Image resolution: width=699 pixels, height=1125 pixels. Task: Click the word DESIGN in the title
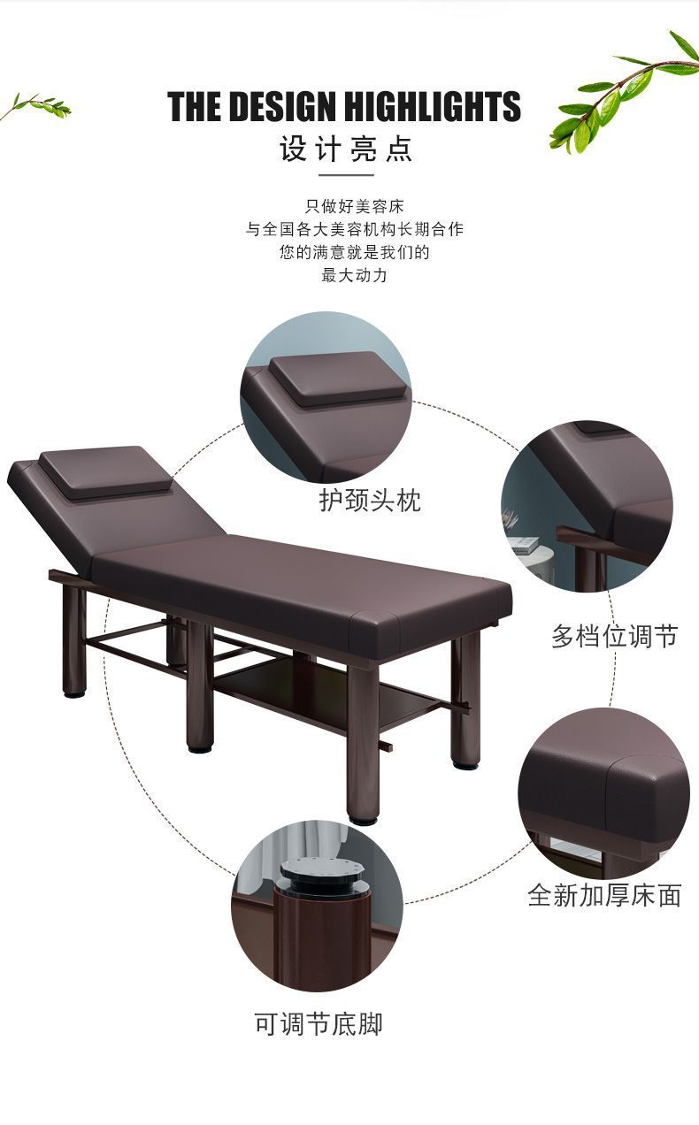pos(283,106)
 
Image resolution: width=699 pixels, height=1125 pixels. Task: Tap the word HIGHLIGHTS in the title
pos(432,106)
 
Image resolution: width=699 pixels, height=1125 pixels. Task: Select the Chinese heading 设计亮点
pos(346,149)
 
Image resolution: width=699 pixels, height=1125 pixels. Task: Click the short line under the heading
pos(346,175)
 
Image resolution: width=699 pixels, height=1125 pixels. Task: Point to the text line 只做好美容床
pos(354,206)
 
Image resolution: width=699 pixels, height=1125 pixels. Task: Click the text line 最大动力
pos(354,275)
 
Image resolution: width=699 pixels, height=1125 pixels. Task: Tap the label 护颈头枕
pos(370,500)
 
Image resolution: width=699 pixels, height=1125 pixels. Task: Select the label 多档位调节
pos(615,636)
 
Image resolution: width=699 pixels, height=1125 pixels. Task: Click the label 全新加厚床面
pos(604,895)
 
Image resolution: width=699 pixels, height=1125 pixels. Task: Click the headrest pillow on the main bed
pos(104,472)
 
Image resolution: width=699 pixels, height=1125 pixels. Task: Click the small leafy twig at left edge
pos(35,106)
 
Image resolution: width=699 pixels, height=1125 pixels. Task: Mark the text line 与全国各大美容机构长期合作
pos(354,230)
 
